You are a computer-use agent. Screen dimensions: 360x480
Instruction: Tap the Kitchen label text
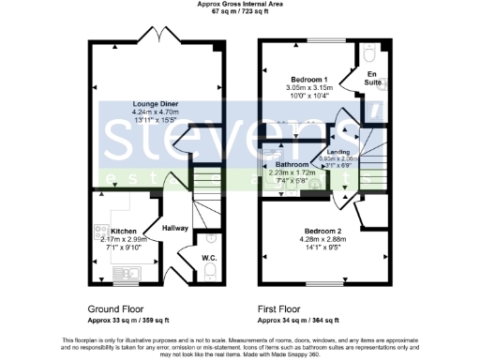[x=124, y=231]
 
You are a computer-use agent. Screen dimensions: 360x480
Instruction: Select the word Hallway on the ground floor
[x=174, y=228]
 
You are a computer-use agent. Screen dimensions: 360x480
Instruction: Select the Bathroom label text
[x=292, y=165]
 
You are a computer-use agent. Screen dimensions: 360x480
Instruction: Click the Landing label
[x=338, y=152]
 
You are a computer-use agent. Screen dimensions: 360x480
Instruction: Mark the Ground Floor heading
[x=116, y=307]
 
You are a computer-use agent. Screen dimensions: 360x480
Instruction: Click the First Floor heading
[x=285, y=307]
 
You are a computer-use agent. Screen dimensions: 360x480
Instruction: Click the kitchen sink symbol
[x=123, y=274]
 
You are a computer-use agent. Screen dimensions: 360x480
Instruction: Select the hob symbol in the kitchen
[x=98, y=231]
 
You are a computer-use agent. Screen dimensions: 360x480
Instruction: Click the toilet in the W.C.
[x=210, y=273]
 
